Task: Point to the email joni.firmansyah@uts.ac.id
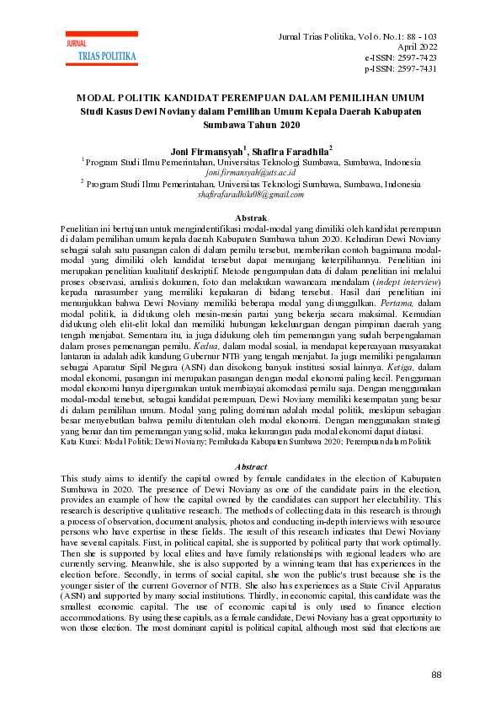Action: pos(251,171)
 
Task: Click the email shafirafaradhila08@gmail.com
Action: pos(250,194)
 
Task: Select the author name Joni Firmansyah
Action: pos(205,152)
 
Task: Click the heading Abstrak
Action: pos(250,218)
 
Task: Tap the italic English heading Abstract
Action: pos(250,466)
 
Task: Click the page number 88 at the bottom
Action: pos(435,675)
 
